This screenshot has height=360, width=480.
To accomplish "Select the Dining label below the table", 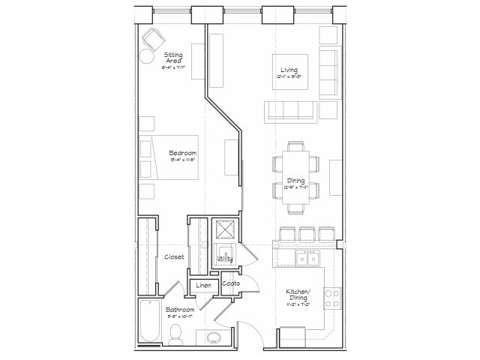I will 296,181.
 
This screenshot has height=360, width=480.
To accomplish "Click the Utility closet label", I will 224,259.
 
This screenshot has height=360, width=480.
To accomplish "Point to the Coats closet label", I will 230,283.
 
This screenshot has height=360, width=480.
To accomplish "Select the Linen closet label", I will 202,285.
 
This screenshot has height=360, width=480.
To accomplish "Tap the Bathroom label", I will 180,310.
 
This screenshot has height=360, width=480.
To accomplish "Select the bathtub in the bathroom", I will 148,323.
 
